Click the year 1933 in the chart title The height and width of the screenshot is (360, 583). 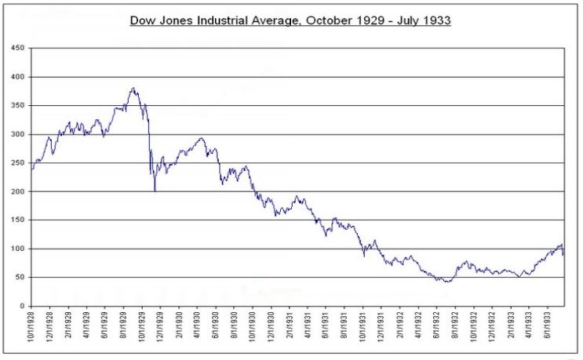[436, 20]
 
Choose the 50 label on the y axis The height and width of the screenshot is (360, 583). [20, 278]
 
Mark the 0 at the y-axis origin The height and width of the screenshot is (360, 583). [22, 306]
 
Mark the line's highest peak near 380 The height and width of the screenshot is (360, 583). [133, 88]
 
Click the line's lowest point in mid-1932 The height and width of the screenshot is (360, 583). [447, 282]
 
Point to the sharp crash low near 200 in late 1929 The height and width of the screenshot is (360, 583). [155, 191]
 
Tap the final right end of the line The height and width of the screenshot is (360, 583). [563, 254]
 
